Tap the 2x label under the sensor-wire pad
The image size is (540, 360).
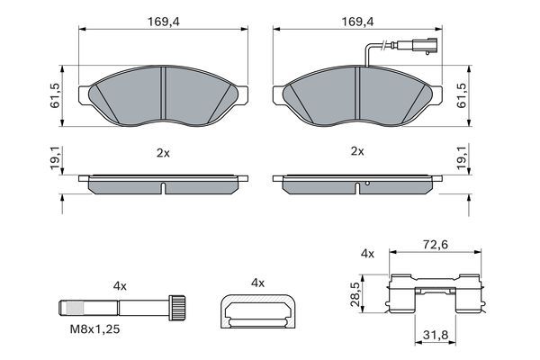point(356,152)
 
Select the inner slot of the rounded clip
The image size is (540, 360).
point(257,314)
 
